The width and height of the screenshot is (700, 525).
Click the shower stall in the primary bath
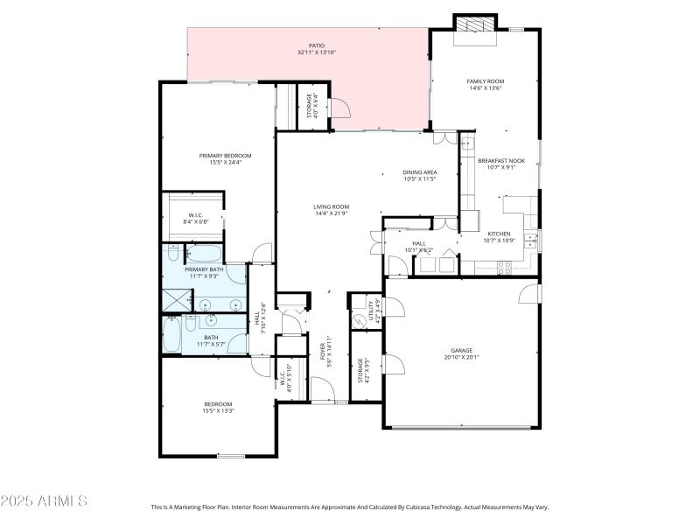click(174, 301)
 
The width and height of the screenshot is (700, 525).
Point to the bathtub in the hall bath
click(171, 336)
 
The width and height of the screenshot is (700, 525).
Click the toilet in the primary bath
click(171, 255)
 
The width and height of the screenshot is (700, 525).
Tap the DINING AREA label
click(420, 172)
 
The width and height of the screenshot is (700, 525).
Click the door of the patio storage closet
click(339, 109)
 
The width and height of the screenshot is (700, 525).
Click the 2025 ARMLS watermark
click(44, 501)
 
